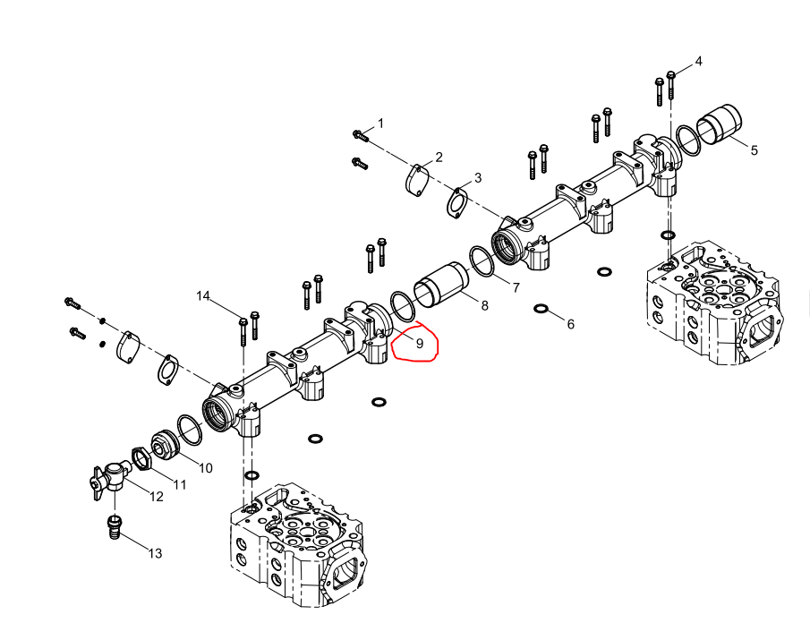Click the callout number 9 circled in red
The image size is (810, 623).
coord(420,344)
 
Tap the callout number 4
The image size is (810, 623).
coord(698,62)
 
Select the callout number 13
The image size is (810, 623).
coord(155,554)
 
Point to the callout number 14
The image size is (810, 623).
coord(203,296)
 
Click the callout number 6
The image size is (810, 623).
coord(570,324)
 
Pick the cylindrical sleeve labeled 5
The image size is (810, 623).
coord(720,124)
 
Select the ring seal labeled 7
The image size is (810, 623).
coord(482,261)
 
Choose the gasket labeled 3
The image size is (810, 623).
coord(457,203)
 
